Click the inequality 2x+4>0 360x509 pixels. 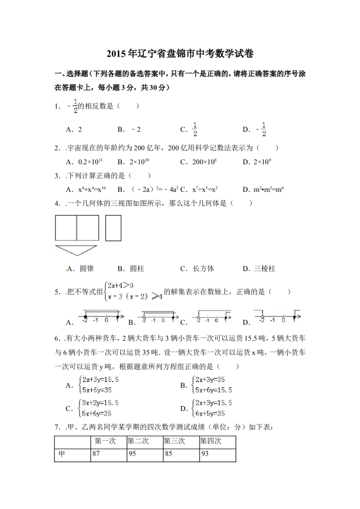tap(121, 285)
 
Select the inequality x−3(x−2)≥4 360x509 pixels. tap(134, 297)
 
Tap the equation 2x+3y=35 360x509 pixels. tap(210, 380)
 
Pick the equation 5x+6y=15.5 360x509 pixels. tap(214, 390)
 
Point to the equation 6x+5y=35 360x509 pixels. tap(210, 414)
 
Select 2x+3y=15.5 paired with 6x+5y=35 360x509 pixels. tap(214, 403)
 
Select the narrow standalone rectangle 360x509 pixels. tap(113, 228)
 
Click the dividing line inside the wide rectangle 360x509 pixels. tap(76, 228)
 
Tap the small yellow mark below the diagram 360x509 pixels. tap(67, 270)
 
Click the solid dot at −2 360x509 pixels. tap(85, 317)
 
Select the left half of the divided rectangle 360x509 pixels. tap(66, 228)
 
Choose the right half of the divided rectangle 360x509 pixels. tap(88, 228)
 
